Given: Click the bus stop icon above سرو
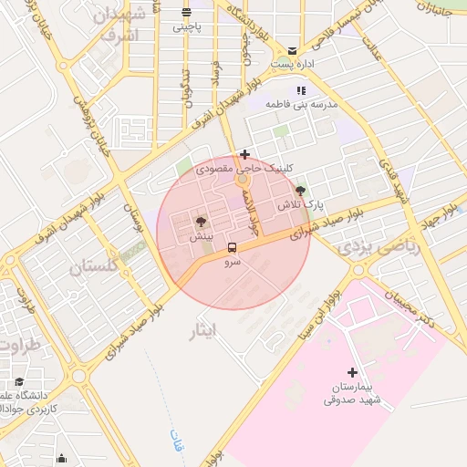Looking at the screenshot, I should [x=232, y=247].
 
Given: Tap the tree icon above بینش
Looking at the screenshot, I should [x=201, y=222].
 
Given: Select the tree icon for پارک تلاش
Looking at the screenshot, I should [x=301, y=191].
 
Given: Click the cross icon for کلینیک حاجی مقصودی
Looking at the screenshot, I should [x=244, y=154].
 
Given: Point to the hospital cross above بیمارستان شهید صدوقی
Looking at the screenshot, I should [x=352, y=372].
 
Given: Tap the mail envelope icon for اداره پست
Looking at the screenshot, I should [x=292, y=50].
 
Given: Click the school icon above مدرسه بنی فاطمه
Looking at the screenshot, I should [x=301, y=90].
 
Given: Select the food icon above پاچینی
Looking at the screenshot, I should [x=187, y=13].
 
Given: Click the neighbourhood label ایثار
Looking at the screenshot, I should [x=202, y=327].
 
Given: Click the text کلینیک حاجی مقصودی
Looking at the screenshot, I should [x=274, y=169].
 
